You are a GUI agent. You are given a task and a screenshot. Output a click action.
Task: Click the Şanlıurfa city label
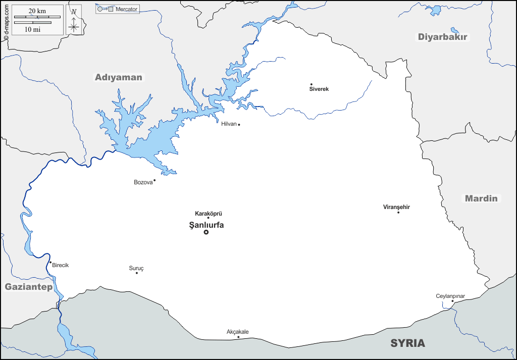tap(206, 225)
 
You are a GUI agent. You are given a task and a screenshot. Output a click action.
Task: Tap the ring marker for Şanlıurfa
tap(206, 232)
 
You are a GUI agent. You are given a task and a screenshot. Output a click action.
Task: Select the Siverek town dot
tap(312, 84)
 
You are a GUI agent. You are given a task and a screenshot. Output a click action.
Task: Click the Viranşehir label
tap(396, 207)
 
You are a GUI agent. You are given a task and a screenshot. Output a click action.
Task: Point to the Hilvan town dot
tap(239, 125)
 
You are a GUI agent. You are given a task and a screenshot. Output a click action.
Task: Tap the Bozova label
tap(143, 182)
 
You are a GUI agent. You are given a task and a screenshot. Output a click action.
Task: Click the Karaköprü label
tap(209, 214)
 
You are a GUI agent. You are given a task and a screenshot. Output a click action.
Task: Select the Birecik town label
tap(60, 265)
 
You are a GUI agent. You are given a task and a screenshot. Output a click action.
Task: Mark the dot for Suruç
tap(136, 273)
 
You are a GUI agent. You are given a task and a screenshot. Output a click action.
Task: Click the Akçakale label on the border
tap(237, 332)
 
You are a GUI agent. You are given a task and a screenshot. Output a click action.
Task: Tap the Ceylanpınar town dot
tap(452, 301)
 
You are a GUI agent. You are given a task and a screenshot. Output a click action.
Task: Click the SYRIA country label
tap(407, 343)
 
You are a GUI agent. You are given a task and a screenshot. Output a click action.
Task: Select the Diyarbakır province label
tap(443, 37)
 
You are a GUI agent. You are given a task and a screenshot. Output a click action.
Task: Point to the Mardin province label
tap(481, 198)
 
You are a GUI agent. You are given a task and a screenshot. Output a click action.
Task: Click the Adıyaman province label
tap(119, 77)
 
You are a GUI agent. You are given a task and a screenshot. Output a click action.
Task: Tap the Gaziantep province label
tap(28, 287)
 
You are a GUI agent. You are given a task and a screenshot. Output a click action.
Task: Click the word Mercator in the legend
tap(126, 9)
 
